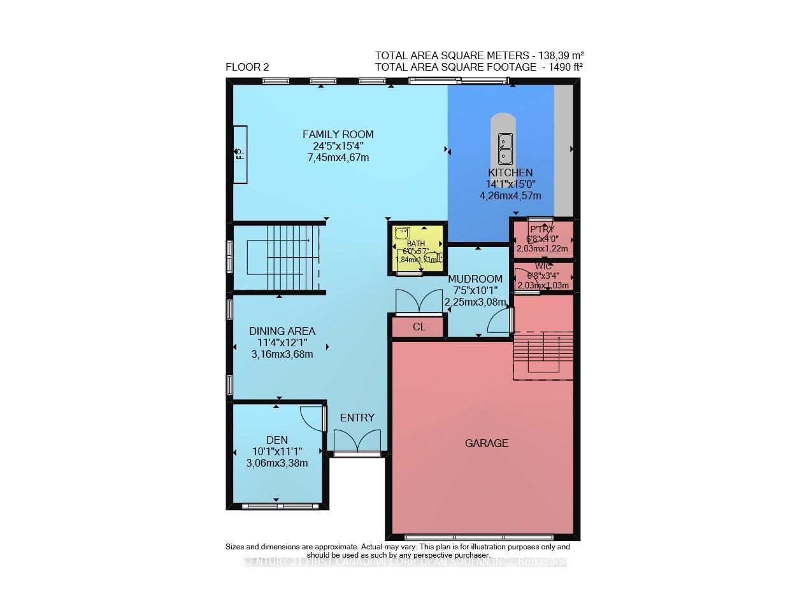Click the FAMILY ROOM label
[338, 134]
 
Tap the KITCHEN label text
[510, 173]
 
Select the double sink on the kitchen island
[505, 148]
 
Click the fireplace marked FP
[240, 154]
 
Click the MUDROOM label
[475, 279]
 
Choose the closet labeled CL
[419, 327]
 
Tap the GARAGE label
[487, 443]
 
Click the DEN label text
[277, 440]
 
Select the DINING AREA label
[282, 331]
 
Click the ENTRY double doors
[357, 440]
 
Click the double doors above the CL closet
[419, 302]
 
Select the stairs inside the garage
[543, 355]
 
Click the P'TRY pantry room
[542, 239]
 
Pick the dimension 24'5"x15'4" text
[338, 146]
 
